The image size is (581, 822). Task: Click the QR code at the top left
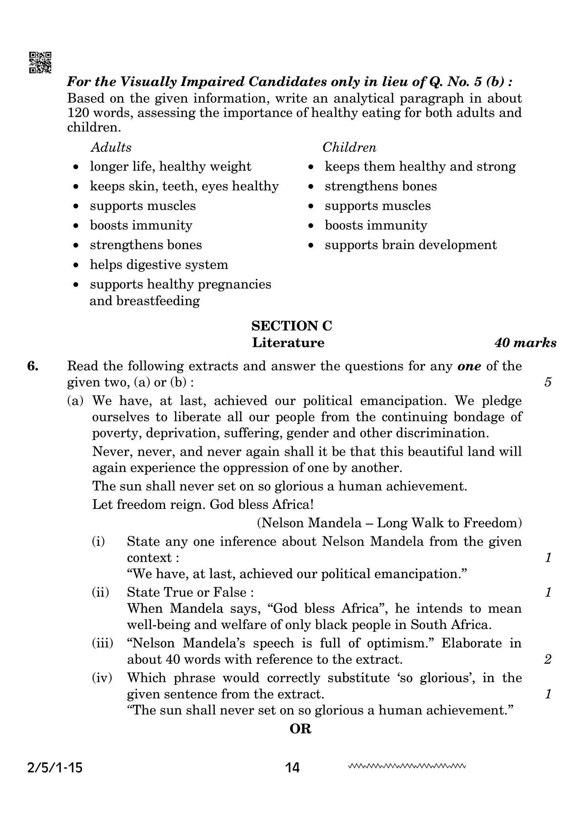click(41, 63)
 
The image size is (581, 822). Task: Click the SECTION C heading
click(291, 326)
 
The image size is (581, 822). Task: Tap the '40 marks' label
click(525, 343)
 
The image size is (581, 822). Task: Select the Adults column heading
click(111, 148)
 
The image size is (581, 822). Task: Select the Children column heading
click(349, 148)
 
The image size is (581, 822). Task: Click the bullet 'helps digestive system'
click(159, 265)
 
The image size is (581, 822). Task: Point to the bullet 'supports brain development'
click(410, 245)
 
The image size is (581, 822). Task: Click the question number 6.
click(33, 366)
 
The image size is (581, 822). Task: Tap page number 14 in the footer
click(292, 768)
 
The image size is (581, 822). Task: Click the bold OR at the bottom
click(300, 729)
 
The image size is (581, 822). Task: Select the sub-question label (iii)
click(103, 643)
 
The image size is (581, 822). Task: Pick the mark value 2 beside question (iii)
click(548, 659)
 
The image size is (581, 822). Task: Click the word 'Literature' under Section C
click(288, 343)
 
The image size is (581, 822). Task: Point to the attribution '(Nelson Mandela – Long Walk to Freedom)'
click(389, 523)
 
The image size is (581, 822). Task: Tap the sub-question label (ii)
click(101, 592)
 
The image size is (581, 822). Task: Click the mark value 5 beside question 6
click(548, 382)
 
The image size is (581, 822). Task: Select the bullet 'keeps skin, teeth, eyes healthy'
click(184, 186)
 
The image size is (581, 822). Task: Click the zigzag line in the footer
click(407, 766)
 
